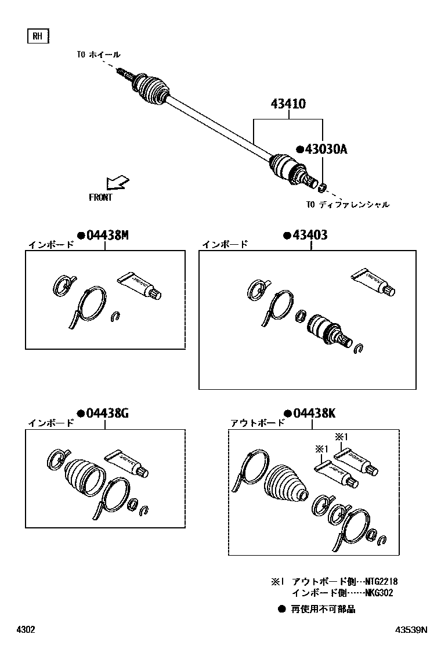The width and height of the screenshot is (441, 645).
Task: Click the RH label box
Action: [x=38, y=36]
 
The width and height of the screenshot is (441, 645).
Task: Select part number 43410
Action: [x=288, y=104]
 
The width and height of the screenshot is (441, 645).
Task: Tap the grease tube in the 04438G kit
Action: [x=126, y=464]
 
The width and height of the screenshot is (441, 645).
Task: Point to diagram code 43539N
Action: [x=411, y=629]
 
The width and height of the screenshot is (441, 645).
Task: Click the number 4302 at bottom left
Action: [x=26, y=629]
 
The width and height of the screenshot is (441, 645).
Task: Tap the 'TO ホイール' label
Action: [x=99, y=55]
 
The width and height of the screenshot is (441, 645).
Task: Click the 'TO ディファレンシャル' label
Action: [x=348, y=204]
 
